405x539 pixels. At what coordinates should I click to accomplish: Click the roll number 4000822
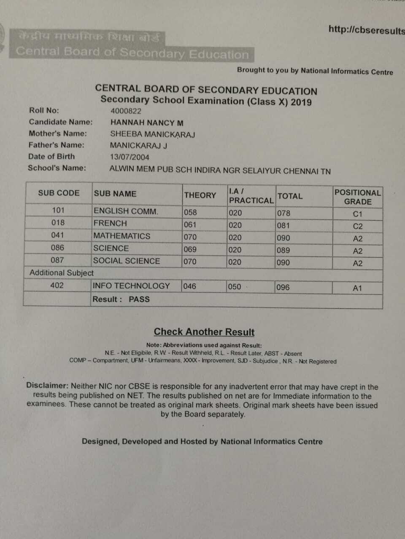(x=126, y=111)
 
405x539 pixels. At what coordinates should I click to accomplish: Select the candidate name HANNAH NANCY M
(x=147, y=123)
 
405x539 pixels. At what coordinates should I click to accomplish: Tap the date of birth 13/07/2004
(x=130, y=157)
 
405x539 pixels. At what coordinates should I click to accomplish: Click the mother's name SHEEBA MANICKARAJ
(x=152, y=134)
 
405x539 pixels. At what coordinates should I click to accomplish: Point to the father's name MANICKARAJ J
(x=138, y=146)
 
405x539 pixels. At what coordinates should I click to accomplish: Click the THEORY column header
(x=200, y=195)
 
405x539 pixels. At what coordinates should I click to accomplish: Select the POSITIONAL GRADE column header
(x=357, y=197)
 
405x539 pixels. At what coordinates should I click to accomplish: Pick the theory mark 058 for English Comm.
(x=190, y=213)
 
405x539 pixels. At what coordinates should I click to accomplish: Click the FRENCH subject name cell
(x=110, y=223)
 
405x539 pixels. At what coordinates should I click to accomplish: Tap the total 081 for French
(x=283, y=226)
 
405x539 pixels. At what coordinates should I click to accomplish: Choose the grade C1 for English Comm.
(x=357, y=214)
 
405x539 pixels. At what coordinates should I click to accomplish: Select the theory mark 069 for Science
(x=190, y=249)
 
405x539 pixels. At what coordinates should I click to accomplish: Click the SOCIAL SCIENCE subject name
(x=127, y=261)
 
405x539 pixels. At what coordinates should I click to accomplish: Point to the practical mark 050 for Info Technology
(x=235, y=287)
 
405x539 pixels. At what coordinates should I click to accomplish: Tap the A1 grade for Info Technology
(x=357, y=288)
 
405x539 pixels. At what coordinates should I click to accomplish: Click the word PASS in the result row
(x=139, y=299)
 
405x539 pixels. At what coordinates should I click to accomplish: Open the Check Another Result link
(x=204, y=332)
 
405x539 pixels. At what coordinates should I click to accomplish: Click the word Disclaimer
(x=47, y=385)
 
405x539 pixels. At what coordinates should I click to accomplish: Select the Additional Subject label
(x=62, y=273)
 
